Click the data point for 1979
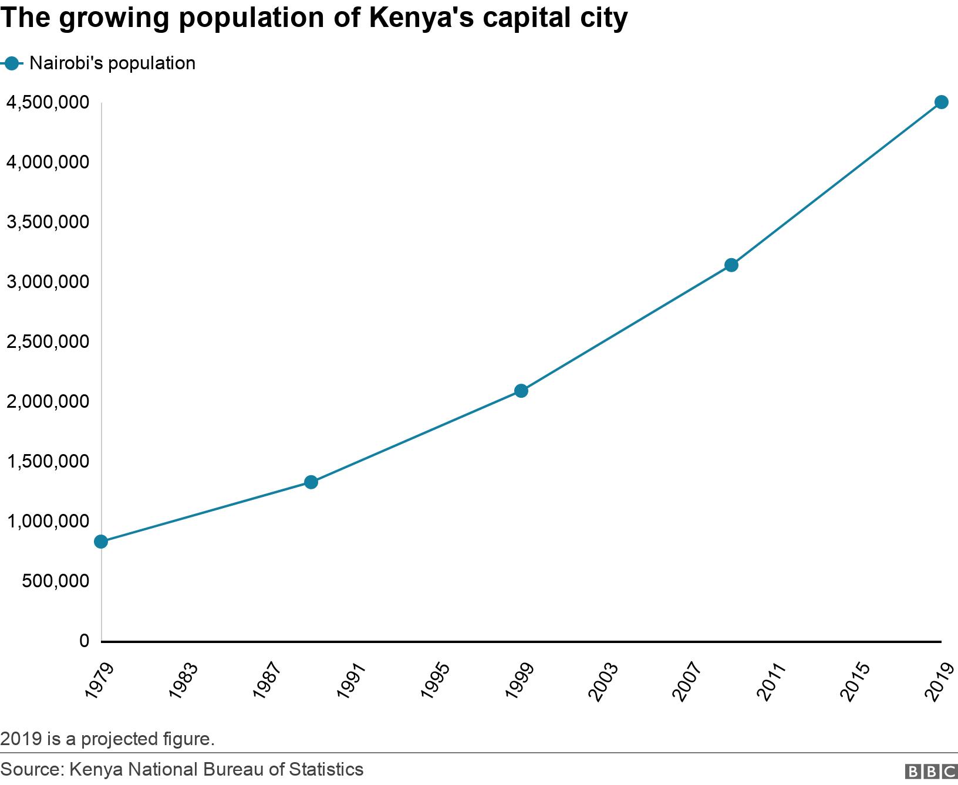point(101,542)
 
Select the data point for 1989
point(311,482)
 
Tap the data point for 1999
point(521,391)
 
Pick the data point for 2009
point(731,265)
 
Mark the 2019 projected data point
point(941,102)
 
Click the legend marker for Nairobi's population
point(11,63)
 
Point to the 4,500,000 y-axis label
point(48,103)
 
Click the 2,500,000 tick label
point(48,341)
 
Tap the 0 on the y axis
point(84,641)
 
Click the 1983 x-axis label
point(183,681)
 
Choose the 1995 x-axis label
point(435,681)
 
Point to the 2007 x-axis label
point(687,681)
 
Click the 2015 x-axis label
point(855,681)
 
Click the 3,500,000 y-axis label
point(48,222)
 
